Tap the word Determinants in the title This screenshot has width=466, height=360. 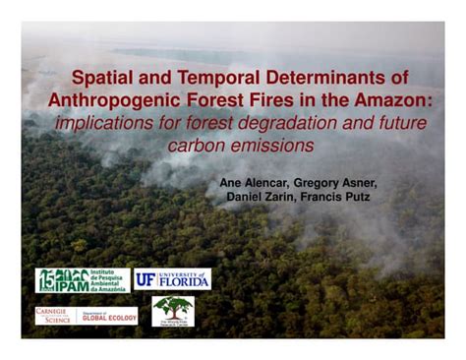tap(326, 78)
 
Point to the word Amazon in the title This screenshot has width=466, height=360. tap(397, 101)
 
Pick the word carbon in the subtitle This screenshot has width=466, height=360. tap(198, 146)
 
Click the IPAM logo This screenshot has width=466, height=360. tap(83, 280)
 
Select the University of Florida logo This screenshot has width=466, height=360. tap(173, 279)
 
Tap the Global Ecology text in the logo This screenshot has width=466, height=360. tap(108, 317)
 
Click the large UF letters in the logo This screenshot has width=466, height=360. tap(146, 279)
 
